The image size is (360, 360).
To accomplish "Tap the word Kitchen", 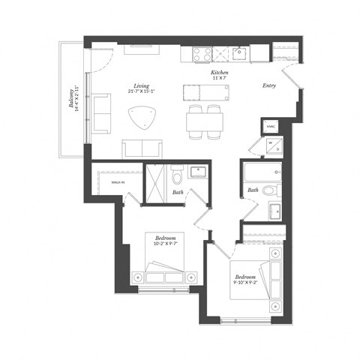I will click(219, 71).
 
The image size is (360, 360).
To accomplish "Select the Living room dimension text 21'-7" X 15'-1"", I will click(141, 92).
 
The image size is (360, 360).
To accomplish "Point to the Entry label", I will click(270, 85).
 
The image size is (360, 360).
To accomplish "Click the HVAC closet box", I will click(271, 127).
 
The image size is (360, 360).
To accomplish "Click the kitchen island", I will click(205, 92).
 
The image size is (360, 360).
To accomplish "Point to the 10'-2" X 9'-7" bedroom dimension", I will click(166, 243).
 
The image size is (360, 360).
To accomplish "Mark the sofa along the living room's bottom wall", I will click(143, 148).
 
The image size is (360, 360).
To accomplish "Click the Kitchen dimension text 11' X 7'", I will click(219, 77).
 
